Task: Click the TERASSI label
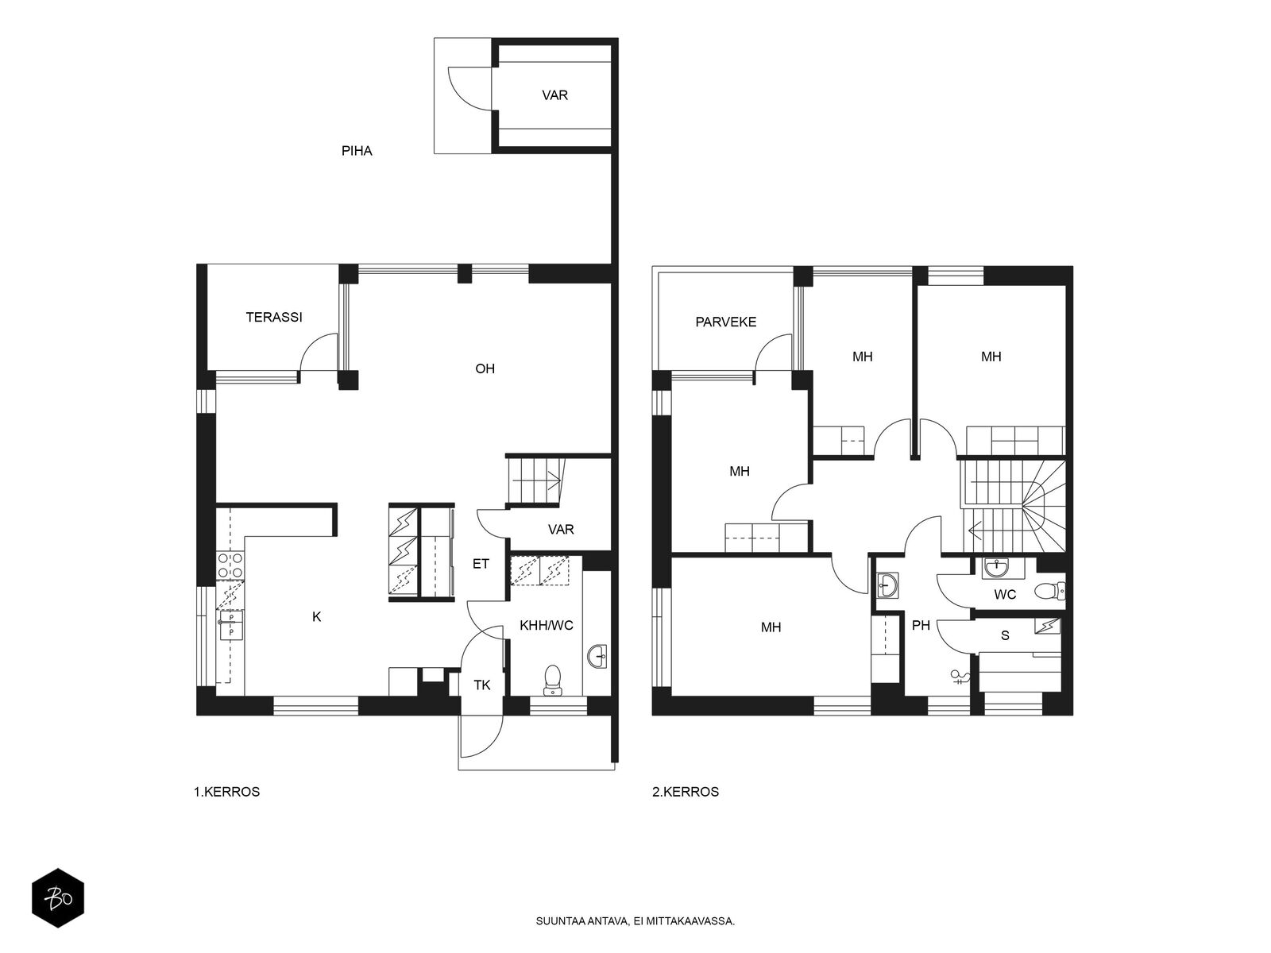click(x=274, y=317)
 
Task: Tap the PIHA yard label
click(x=357, y=151)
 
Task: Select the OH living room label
click(x=485, y=368)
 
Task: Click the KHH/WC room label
click(x=546, y=625)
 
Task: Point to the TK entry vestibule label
click(x=482, y=685)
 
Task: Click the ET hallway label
click(x=481, y=564)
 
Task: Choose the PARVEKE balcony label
click(x=725, y=322)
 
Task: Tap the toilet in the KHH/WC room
click(x=554, y=679)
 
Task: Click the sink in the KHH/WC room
click(x=599, y=657)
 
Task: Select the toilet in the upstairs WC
click(x=1049, y=591)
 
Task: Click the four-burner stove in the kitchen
click(x=230, y=565)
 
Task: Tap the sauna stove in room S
click(x=1048, y=626)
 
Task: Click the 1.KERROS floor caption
click(x=227, y=792)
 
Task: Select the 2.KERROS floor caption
click(x=686, y=792)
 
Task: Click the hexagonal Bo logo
click(x=58, y=898)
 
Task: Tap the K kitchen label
click(x=317, y=617)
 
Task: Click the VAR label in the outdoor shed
click(x=554, y=95)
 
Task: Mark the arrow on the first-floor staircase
click(x=536, y=480)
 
